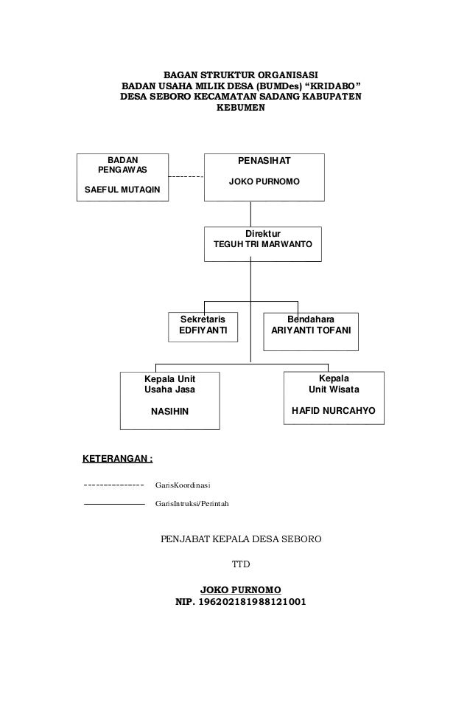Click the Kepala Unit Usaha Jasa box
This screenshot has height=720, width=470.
[x=170, y=399]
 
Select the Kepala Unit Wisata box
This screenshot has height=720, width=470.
[x=333, y=398]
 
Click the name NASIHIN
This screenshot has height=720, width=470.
[x=170, y=410]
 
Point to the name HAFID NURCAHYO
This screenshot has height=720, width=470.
[x=334, y=410]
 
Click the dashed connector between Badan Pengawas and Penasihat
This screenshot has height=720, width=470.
[x=186, y=178]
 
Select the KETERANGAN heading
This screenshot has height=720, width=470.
[x=117, y=458]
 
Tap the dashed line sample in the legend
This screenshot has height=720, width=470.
[x=114, y=485]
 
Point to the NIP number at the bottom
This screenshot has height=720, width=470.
[x=242, y=601]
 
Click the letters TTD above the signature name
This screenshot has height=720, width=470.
[x=242, y=565]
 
